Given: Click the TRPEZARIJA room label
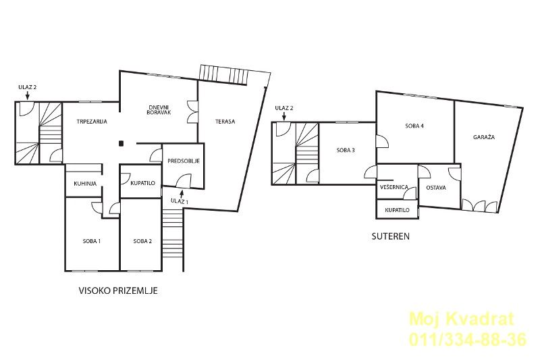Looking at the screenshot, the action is (92, 122).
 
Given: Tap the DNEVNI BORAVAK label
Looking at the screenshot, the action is (159, 109).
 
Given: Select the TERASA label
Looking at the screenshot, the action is (225, 122).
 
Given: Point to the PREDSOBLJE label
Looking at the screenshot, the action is (184, 161).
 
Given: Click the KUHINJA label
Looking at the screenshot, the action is (85, 184).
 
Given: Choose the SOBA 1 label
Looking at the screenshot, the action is (92, 241).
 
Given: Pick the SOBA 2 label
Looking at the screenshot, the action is (142, 241).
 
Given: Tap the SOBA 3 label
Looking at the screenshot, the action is (346, 150).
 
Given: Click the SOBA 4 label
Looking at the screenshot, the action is (414, 126).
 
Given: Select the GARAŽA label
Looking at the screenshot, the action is (484, 136).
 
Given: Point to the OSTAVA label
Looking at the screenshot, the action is (436, 188).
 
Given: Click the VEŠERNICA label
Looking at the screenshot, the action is (394, 187).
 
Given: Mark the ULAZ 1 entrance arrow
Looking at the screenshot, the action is (182, 194).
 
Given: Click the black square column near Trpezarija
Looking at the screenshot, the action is (121, 144).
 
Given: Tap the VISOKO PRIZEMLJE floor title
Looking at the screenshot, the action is (119, 290).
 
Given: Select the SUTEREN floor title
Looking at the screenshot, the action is (391, 236).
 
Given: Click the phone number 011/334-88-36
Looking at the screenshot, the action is (468, 339).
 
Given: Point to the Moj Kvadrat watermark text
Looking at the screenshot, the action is (462, 319).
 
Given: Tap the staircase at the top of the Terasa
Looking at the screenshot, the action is (224, 74).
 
